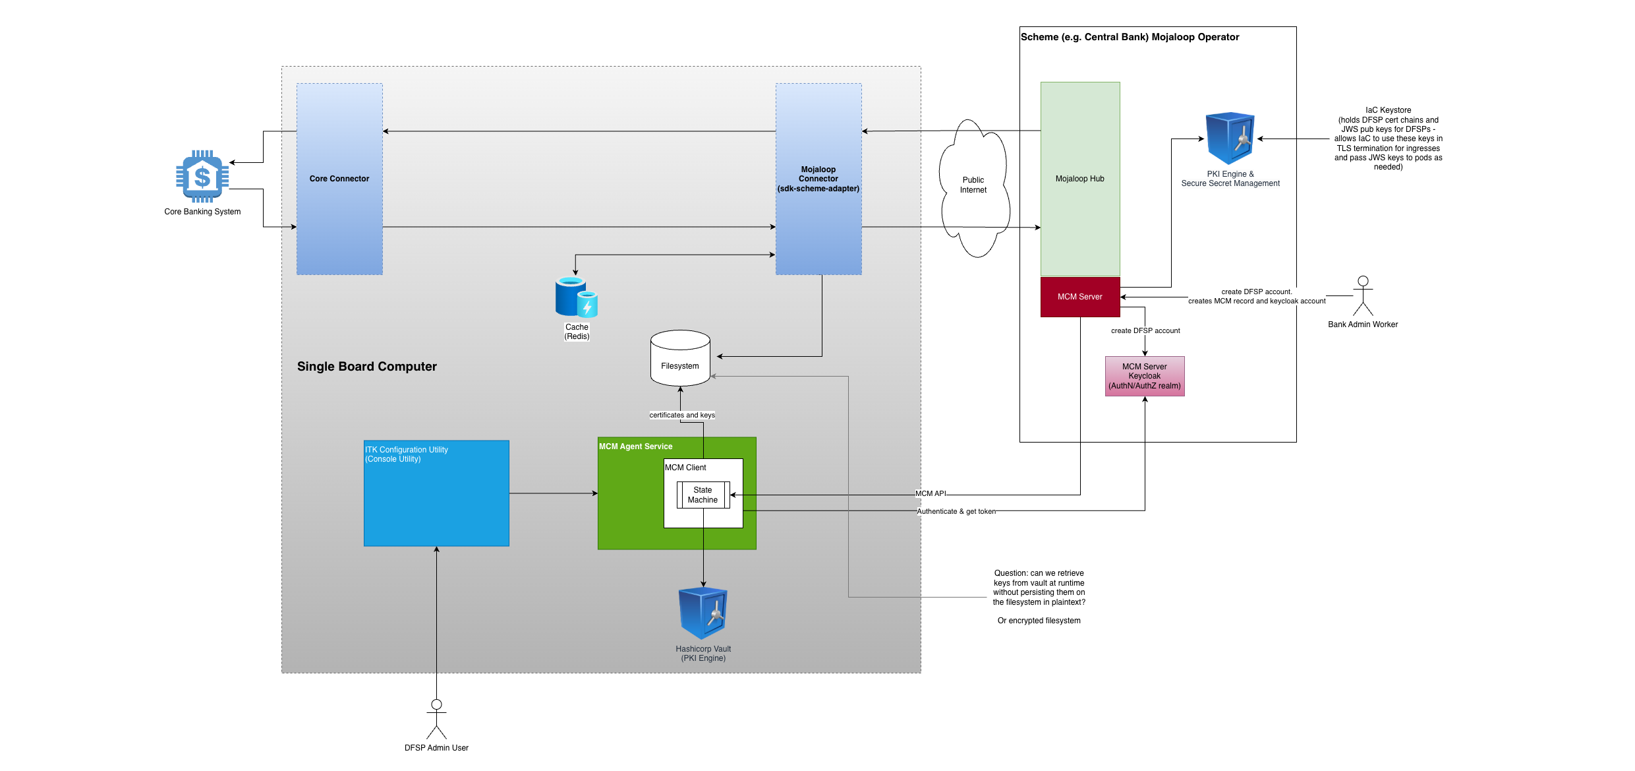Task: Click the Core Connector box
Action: pyautogui.click(x=339, y=179)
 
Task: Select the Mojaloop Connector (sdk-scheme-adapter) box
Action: pyautogui.click(x=818, y=179)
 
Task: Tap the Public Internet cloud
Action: pyautogui.click(x=973, y=185)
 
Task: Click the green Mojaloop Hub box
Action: pyautogui.click(x=1079, y=179)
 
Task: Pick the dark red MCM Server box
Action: pyautogui.click(x=1079, y=297)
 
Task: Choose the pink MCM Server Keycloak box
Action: pyautogui.click(x=1145, y=376)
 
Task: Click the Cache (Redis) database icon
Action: pyautogui.click(x=576, y=297)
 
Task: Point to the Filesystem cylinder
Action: pyautogui.click(x=680, y=359)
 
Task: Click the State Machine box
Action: pyautogui.click(x=703, y=495)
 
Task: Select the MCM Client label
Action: pyautogui.click(x=685, y=468)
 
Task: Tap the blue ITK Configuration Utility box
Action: pyautogui.click(x=436, y=493)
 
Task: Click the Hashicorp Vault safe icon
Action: pyautogui.click(x=703, y=613)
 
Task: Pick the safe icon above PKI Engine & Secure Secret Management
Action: pyautogui.click(x=1230, y=139)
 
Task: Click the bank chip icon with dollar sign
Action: pyautogui.click(x=202, y=176)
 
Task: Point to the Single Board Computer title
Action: pyautogui.click(x=367, y=367)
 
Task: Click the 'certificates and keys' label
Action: pyautogui.click(x=682, y=415)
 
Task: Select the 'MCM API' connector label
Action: pyautogui.click(x=931, y=493)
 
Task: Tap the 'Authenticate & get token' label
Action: pyautogui.click(x=956, y=511)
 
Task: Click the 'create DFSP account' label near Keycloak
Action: pyautogui.click(x=1145, y=330)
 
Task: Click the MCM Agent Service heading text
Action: pyautogui.click(x=635, y=447)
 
